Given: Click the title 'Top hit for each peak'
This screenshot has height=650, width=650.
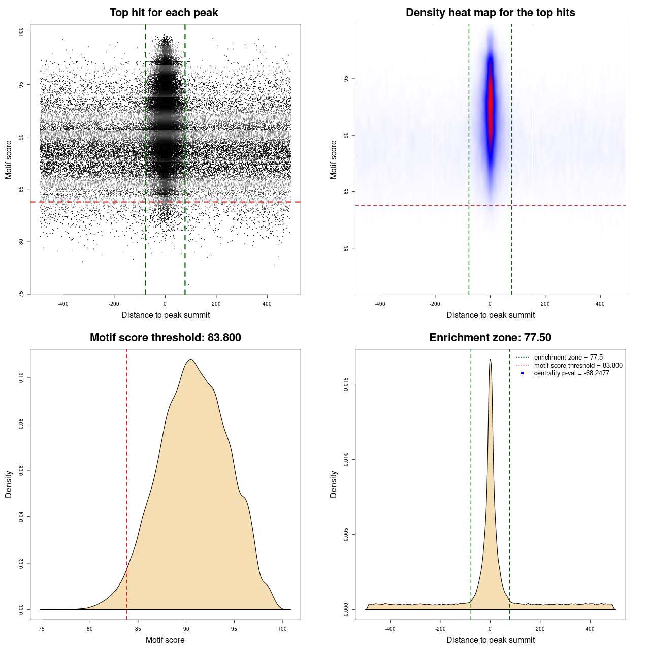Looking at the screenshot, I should pos(164,13).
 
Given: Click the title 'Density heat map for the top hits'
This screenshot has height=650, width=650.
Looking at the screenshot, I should pos(490,13).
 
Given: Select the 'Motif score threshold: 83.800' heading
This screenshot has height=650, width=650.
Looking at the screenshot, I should pos(165,338).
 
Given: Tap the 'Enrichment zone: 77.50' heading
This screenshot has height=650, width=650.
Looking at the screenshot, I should pos(490,338).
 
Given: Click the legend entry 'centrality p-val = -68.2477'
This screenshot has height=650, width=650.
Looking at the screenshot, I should pos(571,373).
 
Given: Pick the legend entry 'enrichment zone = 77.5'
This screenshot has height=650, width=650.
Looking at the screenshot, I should pos(568,357).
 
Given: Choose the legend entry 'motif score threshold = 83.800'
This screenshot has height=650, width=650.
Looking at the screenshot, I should pos(578,366).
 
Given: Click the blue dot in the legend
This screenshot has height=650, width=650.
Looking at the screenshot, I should pos(523,373).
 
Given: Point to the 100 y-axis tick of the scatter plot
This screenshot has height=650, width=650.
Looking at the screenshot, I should pos(21,32).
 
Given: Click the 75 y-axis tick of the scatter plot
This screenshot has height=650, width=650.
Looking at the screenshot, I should pos(21,294).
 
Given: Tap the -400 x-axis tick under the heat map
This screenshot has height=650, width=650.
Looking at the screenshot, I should pos(380,304).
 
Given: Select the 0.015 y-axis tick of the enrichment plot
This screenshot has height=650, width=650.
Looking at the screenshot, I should pos(346,385).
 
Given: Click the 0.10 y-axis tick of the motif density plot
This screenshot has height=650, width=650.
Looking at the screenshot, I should pos(21,377).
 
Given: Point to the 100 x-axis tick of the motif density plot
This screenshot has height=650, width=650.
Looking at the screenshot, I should pos(282,629).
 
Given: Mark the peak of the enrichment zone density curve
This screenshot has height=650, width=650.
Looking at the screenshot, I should pos(490,360).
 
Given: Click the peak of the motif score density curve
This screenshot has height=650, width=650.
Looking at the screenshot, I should pos(190,360).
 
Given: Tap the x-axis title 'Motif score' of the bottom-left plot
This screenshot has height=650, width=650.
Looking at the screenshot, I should pos(165,640).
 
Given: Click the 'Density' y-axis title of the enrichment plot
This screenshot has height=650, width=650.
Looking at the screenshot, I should pos(334,484).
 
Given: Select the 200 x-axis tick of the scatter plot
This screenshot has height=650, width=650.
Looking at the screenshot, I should pos(216,304).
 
